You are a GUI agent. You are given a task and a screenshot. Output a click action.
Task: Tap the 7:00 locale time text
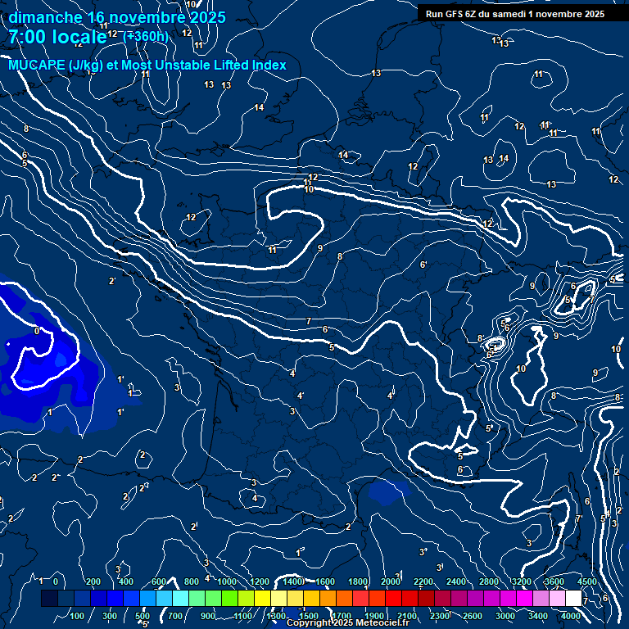click(56, 37)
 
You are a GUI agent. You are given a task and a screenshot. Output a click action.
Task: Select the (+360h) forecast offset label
click(146, 36)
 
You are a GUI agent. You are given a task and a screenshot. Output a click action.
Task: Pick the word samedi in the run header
click(509, 14)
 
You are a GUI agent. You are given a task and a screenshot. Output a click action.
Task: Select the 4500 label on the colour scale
click(586, 581)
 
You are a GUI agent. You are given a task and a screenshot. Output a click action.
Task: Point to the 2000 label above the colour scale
click(391, 581)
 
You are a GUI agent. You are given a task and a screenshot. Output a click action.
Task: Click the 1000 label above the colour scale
click(227, 581)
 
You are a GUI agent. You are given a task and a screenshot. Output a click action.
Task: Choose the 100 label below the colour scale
click(77, 616)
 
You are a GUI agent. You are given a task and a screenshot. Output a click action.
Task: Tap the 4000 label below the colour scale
click(571, 616)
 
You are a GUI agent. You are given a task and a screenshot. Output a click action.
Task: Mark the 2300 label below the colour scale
click(440, 616)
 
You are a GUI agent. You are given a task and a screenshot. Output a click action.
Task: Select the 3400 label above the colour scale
click(521, 581)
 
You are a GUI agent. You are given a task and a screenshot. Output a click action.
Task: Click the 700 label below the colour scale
click(175, 616)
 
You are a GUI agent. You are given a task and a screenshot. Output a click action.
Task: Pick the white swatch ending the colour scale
click(573, 599)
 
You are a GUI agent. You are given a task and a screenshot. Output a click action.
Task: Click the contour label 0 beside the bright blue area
click(36, 332)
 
